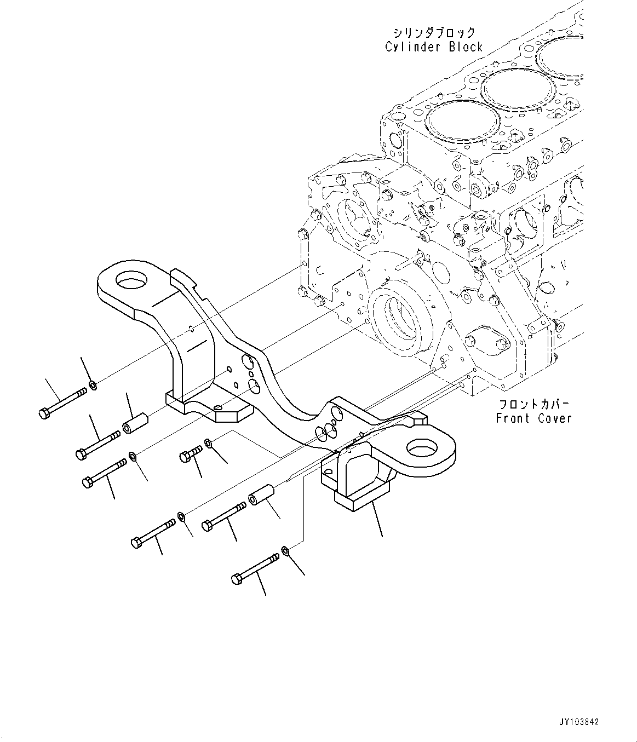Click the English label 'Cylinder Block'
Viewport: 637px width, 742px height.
click(x=434, y=47)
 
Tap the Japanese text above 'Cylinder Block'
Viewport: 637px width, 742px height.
click(x=433, y=32)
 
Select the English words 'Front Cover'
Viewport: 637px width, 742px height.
click(x=533, y=418)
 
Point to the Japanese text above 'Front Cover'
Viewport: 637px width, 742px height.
click(x=533, y=405)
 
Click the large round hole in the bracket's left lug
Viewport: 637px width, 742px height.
click(x=131, y=281)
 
